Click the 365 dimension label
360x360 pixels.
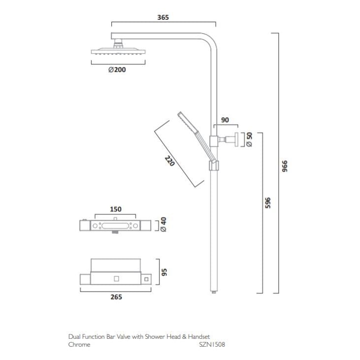coord(163,17)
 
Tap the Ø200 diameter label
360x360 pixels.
coord(117,70)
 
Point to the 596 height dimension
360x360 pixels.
coord(267,202)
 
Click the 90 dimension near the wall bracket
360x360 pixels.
coord(225,120)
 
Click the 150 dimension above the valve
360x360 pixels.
coord(115,209)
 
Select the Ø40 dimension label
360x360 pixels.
coord(164,225)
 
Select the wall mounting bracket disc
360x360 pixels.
coord(237,139)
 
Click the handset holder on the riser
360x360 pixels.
coord(213,165)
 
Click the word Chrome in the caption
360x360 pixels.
coord(79,345)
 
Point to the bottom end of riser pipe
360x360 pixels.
coord(214,292)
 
